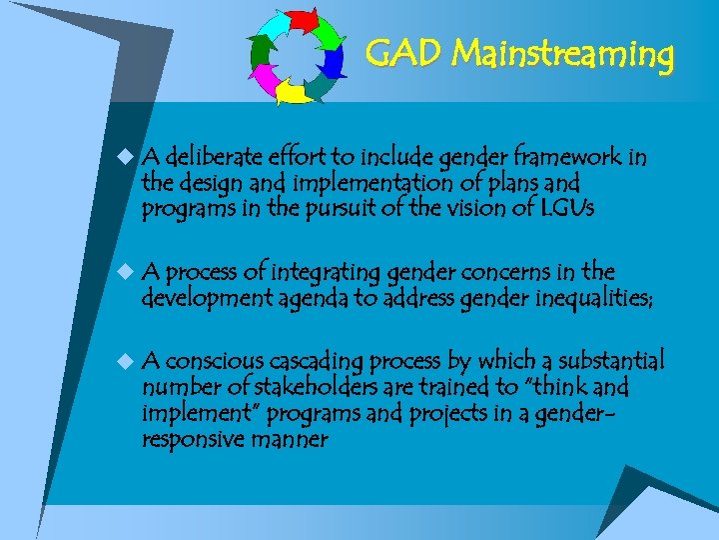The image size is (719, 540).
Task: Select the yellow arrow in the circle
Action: (295, 93)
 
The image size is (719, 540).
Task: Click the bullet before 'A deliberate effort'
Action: (123, 157)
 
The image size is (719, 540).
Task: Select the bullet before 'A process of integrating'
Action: (123, 272)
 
